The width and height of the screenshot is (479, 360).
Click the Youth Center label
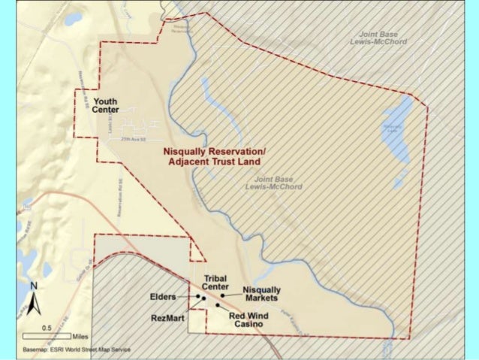point(106,105)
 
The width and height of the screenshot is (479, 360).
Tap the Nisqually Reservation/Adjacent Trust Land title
point(215,156)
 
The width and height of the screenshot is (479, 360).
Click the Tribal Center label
point(215,282)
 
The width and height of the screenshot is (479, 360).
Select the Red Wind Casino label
point(246,319)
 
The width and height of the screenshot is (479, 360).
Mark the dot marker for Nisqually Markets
point(222,296)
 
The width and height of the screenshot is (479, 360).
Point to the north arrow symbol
point(34,304)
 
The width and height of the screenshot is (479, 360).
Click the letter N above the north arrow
point(34,286)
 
